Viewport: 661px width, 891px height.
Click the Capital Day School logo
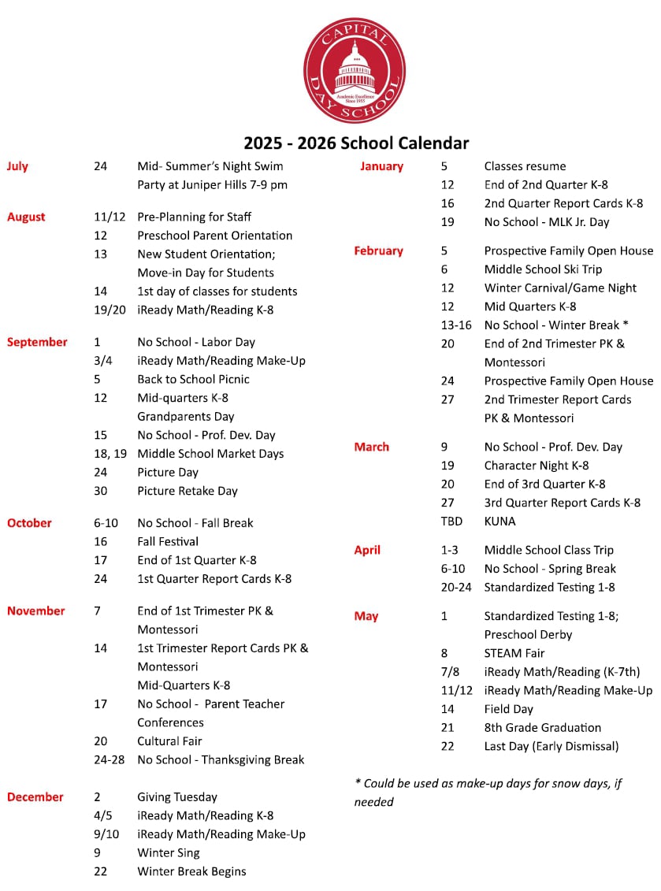(x=354, y=71)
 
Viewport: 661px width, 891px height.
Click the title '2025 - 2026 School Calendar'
(x=356, y=143)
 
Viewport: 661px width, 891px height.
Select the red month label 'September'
(x=37, y=342)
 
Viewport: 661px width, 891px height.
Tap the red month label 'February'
(x=378, y=251)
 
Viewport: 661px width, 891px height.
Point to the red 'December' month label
(x=35, y=796)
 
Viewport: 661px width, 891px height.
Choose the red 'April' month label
(x=367, y=550)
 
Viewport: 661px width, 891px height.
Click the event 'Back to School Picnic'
(x=193, y=379)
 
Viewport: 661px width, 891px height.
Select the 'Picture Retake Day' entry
(x=188, y=491)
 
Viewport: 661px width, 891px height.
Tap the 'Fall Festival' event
(x=168, y=541)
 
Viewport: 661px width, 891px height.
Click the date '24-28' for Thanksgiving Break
(x=110, y=759)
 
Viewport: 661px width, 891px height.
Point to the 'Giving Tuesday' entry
(x=177, y=796)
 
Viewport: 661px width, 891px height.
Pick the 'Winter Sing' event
(x=169, y=852)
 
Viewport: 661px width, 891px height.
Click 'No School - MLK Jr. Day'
(x=547, y=222)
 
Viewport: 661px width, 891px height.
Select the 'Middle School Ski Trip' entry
(x=543, y=269)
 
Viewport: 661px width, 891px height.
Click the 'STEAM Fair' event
(x=514, y=653)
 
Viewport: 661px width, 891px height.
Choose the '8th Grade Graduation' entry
(x=542, y=727)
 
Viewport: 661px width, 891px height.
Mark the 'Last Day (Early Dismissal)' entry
(x=551, y=746)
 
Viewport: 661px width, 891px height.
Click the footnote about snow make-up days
(x=488, y=792)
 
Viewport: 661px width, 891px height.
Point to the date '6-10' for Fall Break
(x=106, y=522)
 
